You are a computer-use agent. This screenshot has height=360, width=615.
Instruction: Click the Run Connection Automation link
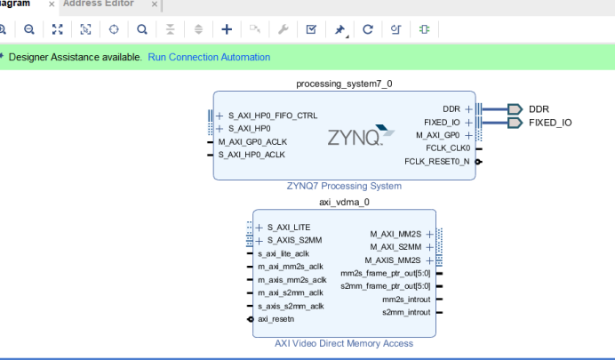point(209,57)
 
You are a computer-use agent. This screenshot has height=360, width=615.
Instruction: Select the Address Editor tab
point(99,4)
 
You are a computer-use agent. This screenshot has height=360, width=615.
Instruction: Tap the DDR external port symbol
point(515,108)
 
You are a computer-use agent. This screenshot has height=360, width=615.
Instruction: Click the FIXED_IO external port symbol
point(515,123)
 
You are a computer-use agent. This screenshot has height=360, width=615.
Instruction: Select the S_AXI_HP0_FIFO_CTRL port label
point(272,116)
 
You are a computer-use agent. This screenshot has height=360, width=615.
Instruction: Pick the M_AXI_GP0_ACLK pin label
point(252,141)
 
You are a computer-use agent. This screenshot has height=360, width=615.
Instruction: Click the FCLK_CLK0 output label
point(448,148)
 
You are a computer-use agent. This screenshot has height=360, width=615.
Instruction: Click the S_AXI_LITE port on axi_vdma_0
point(284,228)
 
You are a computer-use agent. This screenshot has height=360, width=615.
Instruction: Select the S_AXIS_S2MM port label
point(289,240)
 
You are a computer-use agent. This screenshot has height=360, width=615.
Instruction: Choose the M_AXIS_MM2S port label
point(396,260)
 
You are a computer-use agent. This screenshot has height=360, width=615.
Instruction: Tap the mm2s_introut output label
point(406,300)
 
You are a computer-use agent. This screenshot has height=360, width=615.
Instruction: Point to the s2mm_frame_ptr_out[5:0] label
point(386,286)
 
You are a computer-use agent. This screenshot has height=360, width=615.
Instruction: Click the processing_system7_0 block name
point(343,84)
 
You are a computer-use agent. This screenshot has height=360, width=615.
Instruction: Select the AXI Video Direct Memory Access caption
point(343,344)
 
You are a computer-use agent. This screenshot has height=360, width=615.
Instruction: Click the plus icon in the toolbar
point(227,29)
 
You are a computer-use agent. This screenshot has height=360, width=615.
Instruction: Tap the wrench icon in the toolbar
point(284,29)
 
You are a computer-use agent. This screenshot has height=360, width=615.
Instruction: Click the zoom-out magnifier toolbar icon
point(28,29)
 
